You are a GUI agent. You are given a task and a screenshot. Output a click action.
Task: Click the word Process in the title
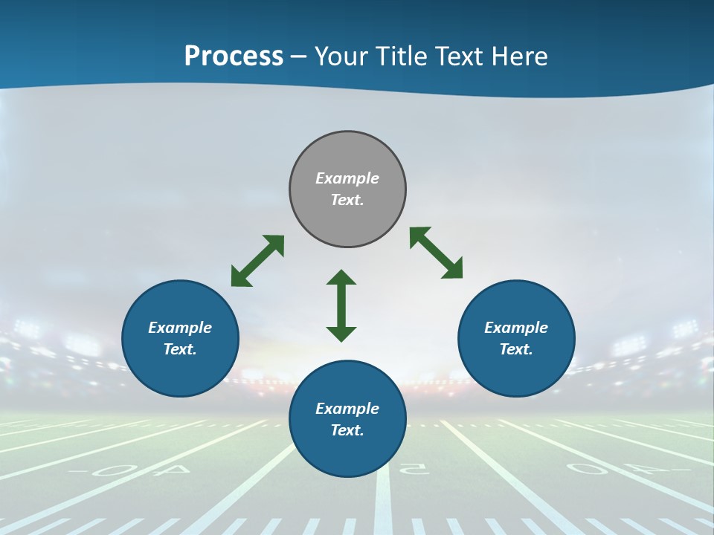(x=234, y=56)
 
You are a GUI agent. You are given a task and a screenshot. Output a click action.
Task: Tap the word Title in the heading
(x=402, y=56)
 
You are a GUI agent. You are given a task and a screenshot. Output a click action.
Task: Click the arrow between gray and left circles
(x=257, y=261)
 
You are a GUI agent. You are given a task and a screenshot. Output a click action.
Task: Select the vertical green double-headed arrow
(x=341, y=305)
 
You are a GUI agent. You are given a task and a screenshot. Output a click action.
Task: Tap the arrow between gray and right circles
(x=437, y=253)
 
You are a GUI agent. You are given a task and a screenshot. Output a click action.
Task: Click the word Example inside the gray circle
(x=347, y=178)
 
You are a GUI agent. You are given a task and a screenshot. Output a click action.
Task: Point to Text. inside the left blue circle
(x=180, y=349)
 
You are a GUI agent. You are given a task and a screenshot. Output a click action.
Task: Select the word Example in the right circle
(x=516, y=328)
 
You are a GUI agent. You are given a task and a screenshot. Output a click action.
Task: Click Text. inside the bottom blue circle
(x=347, y=430)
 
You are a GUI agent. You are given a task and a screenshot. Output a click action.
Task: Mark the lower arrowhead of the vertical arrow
(x=341, y=334)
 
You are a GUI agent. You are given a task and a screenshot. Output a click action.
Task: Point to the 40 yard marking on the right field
(x=601, y=469)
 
